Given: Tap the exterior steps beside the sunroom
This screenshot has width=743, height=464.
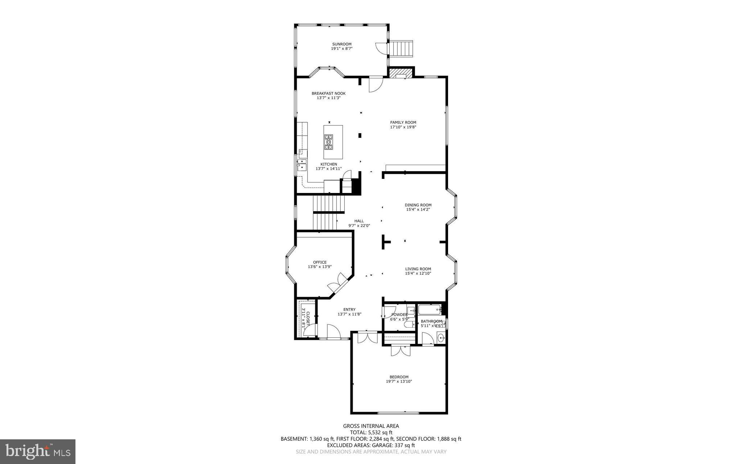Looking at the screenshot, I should point(401,48).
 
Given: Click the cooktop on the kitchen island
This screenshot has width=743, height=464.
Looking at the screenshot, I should point(329,142).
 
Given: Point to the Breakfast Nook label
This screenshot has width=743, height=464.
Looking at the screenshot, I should point(328,94).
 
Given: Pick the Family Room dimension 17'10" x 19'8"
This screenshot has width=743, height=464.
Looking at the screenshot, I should point(403,127).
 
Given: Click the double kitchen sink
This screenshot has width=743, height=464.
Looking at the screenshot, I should point(302,165).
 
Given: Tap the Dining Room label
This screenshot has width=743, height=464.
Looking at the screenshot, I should point(418,205).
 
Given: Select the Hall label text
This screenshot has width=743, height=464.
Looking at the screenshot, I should point(359,221).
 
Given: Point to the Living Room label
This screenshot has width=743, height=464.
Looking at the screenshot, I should point(418,269).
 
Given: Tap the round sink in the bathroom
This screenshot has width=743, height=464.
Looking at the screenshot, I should point(441,338).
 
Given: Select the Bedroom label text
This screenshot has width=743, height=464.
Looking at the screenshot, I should point(399,377).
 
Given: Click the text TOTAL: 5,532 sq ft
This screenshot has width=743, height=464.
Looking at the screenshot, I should point(371,432).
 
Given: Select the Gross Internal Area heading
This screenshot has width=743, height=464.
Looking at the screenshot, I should point(371,426).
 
